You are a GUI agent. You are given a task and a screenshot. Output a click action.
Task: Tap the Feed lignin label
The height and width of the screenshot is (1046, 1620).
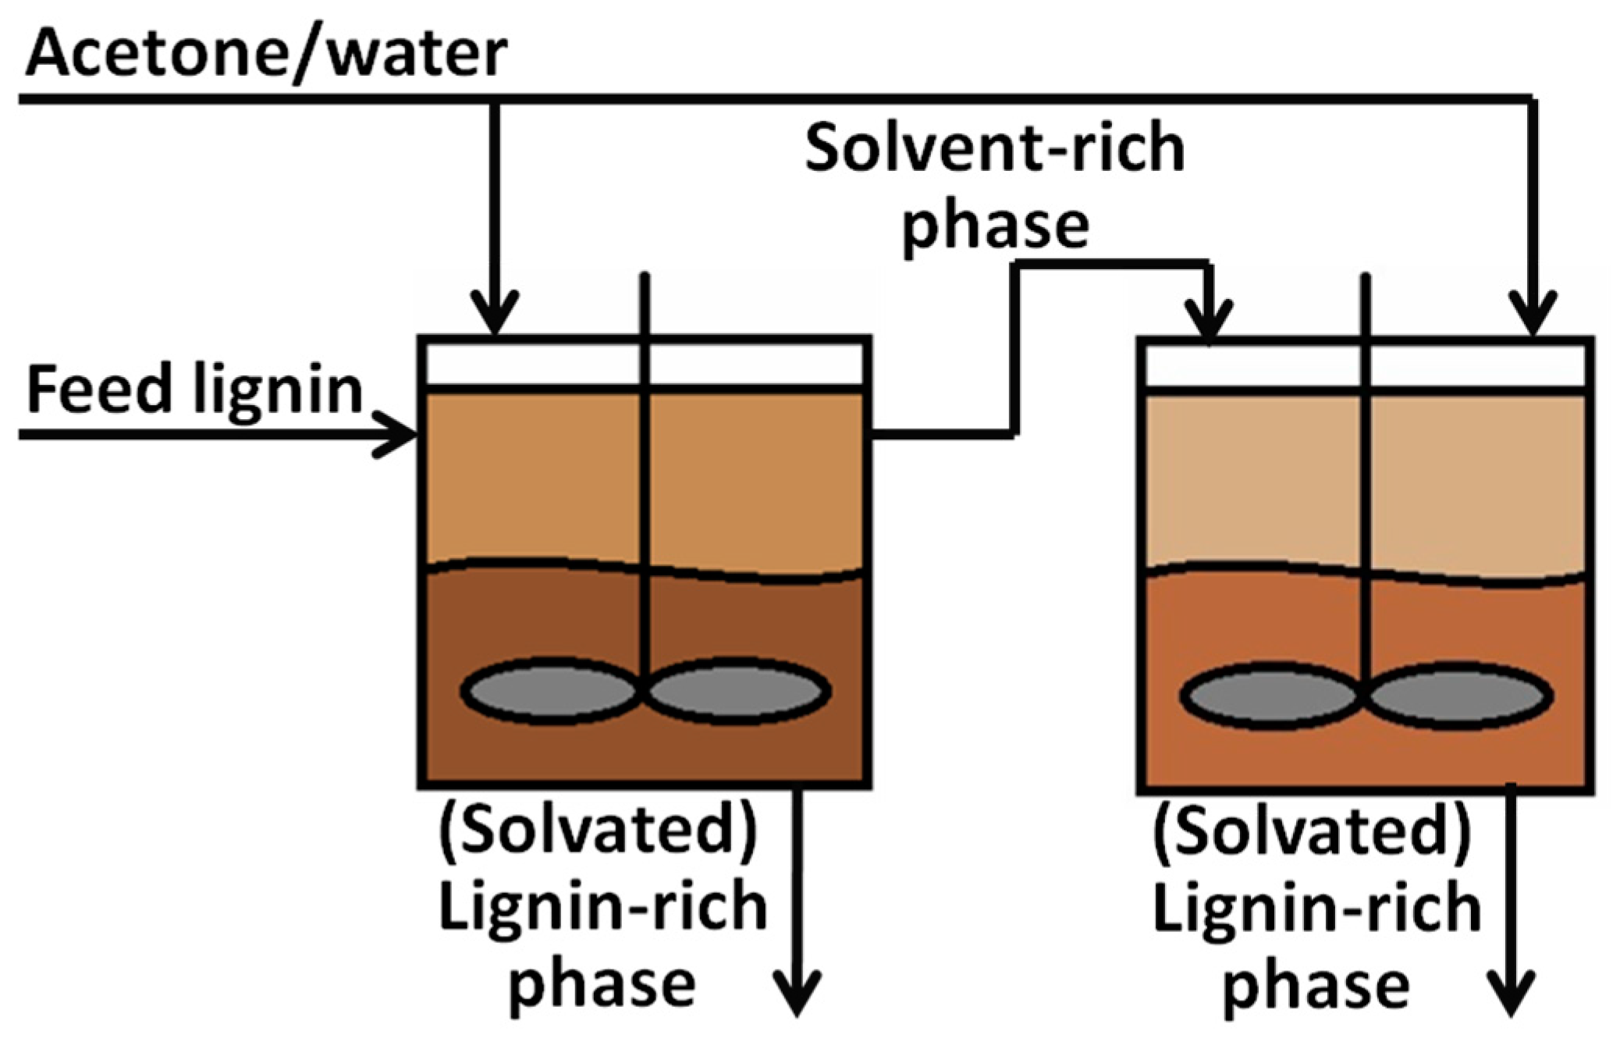click(x=195, y=390)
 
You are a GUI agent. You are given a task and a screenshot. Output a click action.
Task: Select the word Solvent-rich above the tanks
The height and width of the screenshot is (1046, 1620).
click(x=995, y=148)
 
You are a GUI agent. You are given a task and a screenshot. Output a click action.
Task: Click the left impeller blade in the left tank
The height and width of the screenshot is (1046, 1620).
click(x=550, y=691)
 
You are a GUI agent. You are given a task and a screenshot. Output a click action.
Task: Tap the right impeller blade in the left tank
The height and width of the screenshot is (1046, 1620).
click(x=737, y=691)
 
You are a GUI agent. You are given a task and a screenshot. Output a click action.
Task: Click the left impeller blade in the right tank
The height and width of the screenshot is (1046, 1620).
click(x=1270, y=695)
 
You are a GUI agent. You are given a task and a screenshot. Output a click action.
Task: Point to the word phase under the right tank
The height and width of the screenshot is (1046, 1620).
click(x=1316, y=985)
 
